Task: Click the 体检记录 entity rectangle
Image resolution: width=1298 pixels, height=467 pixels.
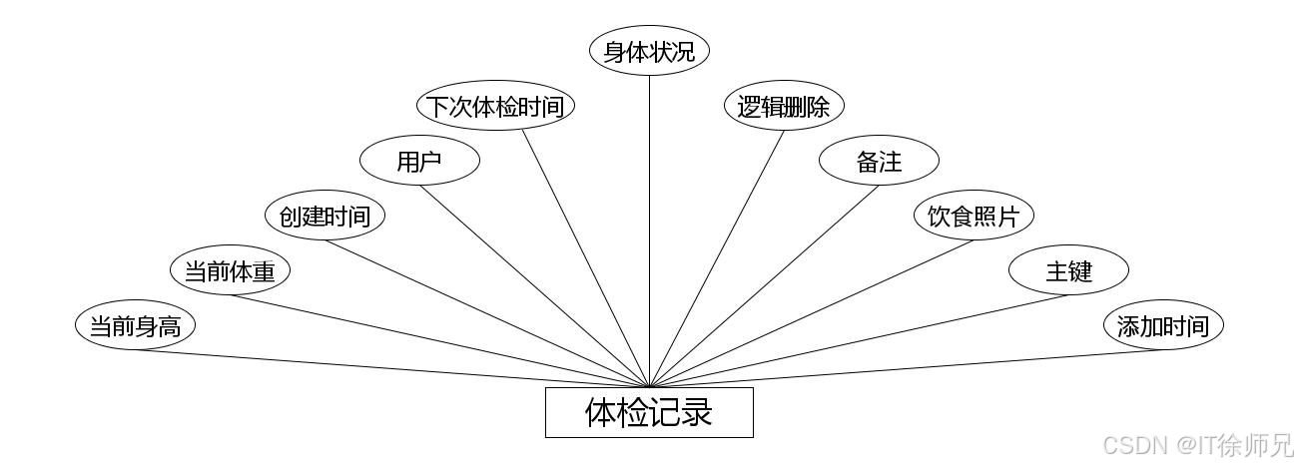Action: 649,412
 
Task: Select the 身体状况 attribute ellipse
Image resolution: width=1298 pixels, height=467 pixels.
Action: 649,51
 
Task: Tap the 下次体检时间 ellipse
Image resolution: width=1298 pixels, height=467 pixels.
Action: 495,106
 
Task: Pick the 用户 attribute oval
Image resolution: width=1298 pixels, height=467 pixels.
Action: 419,161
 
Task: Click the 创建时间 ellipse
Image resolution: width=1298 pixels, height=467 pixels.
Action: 324,216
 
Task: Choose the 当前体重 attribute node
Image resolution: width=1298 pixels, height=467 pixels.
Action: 230,270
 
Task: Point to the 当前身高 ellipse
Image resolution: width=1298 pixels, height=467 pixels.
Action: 135,325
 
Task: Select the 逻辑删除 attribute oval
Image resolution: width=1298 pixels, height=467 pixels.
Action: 784,106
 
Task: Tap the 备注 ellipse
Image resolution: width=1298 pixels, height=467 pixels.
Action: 879,161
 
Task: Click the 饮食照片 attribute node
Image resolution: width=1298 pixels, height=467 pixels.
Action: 973,216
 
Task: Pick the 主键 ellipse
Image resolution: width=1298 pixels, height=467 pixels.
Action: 1068,270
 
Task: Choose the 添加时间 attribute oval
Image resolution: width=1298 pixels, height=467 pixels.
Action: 1163,325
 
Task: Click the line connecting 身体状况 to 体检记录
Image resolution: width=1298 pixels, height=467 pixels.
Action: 649,230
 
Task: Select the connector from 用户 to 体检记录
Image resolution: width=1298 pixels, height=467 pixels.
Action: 534,286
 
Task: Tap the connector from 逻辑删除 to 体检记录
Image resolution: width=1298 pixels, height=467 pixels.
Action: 717,258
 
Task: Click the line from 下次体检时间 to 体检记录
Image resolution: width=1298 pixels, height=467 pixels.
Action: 586,258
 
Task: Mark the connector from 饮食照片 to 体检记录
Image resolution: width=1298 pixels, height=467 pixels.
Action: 811,313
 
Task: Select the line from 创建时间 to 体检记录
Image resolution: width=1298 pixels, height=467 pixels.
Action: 486,313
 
